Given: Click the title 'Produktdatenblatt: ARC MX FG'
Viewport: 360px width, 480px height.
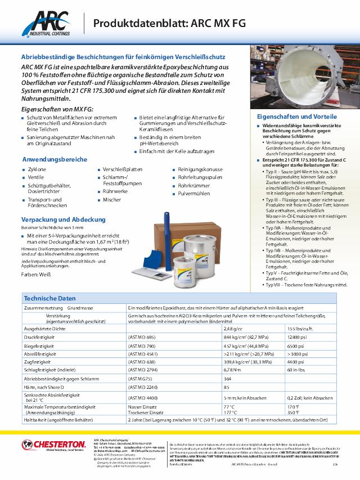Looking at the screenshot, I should [169, 23].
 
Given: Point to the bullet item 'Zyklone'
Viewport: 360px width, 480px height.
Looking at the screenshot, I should [37, 169].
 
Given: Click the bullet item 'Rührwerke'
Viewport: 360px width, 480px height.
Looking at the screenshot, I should [115, 191].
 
